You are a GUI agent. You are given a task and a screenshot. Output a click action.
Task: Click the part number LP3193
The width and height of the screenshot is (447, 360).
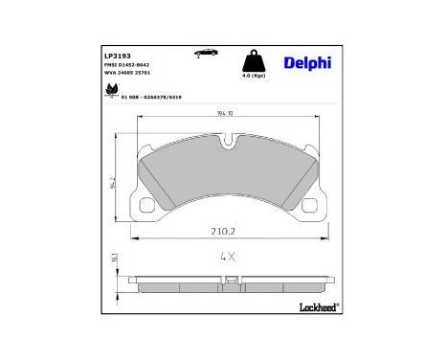click(119, 56)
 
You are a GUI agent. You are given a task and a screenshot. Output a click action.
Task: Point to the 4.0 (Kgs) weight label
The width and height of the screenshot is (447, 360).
click(255, 75)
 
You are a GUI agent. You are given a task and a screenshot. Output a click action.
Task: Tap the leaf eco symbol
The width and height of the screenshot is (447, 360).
click(111, 91)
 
